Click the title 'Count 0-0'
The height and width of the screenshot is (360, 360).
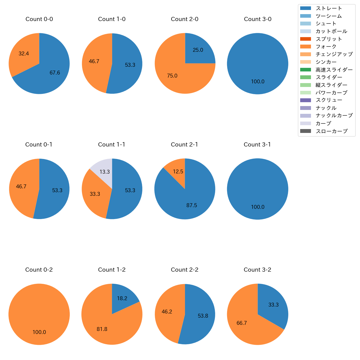point(39,19)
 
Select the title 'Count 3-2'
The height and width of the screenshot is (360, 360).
point(258,270)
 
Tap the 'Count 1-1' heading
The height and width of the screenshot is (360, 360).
point(112,145)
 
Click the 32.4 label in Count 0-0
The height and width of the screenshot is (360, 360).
point(24,54)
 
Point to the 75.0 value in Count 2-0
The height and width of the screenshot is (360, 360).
point(172,76)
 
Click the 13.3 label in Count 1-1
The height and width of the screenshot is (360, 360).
point(105,172)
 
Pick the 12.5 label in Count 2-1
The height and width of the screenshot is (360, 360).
point(178,172)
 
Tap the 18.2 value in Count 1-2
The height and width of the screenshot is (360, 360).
point(122,299)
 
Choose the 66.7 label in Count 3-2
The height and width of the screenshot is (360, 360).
point(242,323)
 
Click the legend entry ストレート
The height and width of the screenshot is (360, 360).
point(329,8)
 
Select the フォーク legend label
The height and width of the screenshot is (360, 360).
point(326,47)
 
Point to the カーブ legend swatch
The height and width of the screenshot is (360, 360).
point(305,124)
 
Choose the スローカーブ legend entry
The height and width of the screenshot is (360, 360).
point(331,131)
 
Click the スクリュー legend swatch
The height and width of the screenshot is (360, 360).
point(305,100)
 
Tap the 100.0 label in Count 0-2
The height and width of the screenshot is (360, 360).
point(39,332)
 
